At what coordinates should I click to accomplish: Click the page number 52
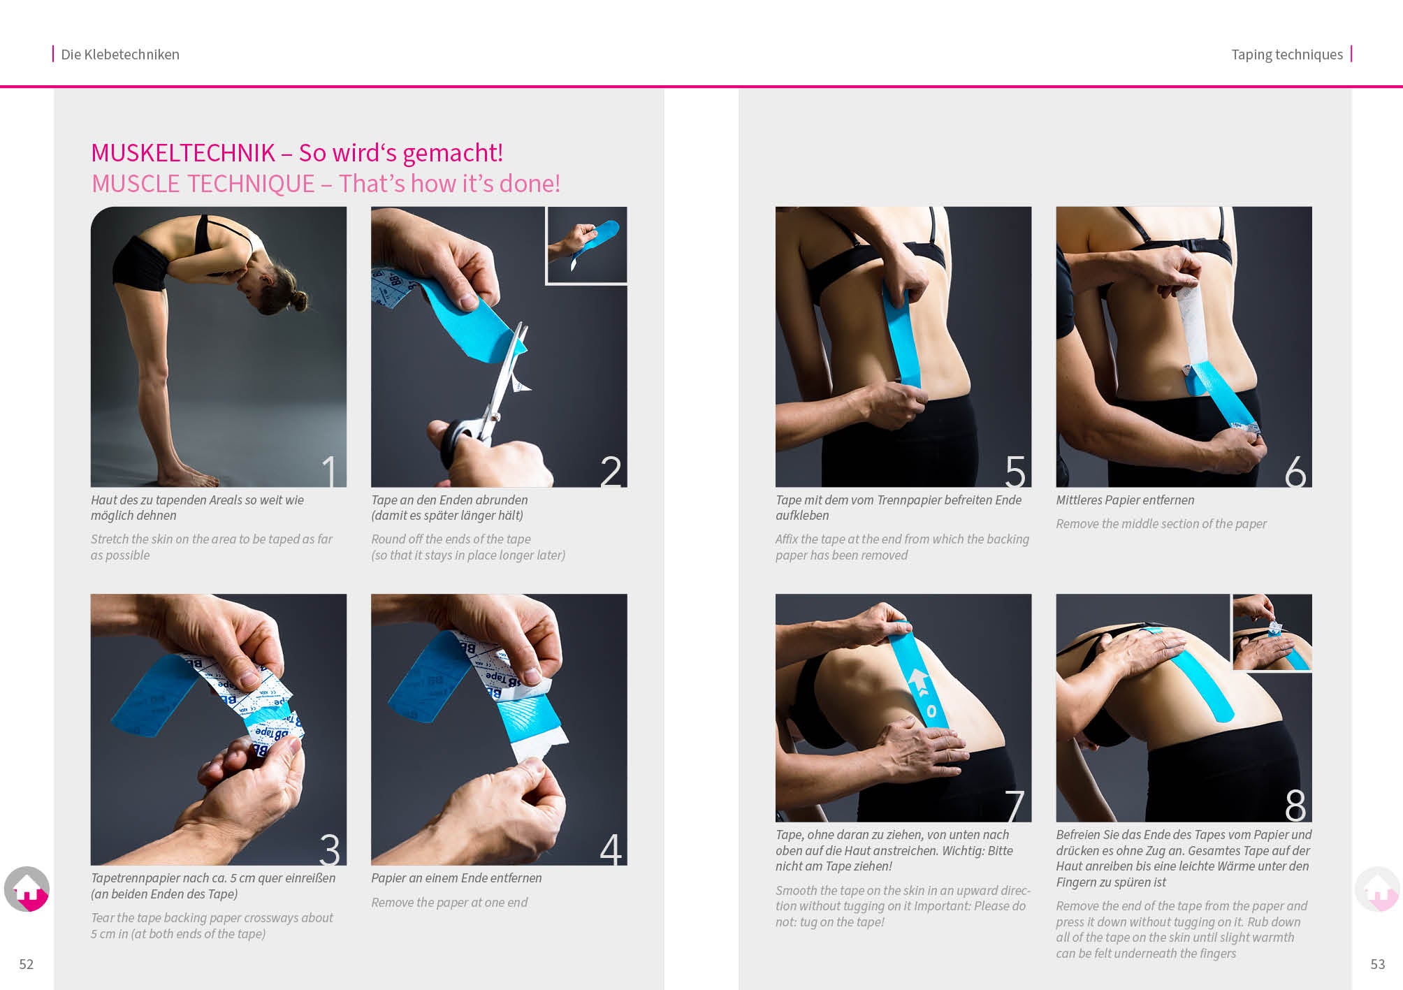[x=27, y=964]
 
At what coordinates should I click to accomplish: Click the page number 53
[x=1377, y=964]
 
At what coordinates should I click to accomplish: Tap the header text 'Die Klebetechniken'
[x=119, y=54]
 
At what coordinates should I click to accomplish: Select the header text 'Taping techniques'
[x=1286, y=54]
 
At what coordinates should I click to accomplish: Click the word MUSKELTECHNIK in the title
[x=183, y=153]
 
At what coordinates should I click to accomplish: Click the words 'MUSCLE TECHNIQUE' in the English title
[x=203, y=184]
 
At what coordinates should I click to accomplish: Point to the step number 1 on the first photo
[x=329, y=471]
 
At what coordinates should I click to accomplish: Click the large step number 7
[x=1015, y=806]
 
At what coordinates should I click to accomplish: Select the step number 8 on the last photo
[x=1295, y=806]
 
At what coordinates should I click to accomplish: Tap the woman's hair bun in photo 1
[x=298, y=301]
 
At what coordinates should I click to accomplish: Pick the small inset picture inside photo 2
[x=586, y=245]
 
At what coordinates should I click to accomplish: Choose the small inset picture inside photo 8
[x=1272, y=632]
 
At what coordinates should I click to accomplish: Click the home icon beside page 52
[x=27, y=889]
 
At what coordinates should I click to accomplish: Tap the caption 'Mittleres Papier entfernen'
[x=1125, y=500]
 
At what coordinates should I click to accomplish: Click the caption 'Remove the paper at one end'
[x=449, y=903]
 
